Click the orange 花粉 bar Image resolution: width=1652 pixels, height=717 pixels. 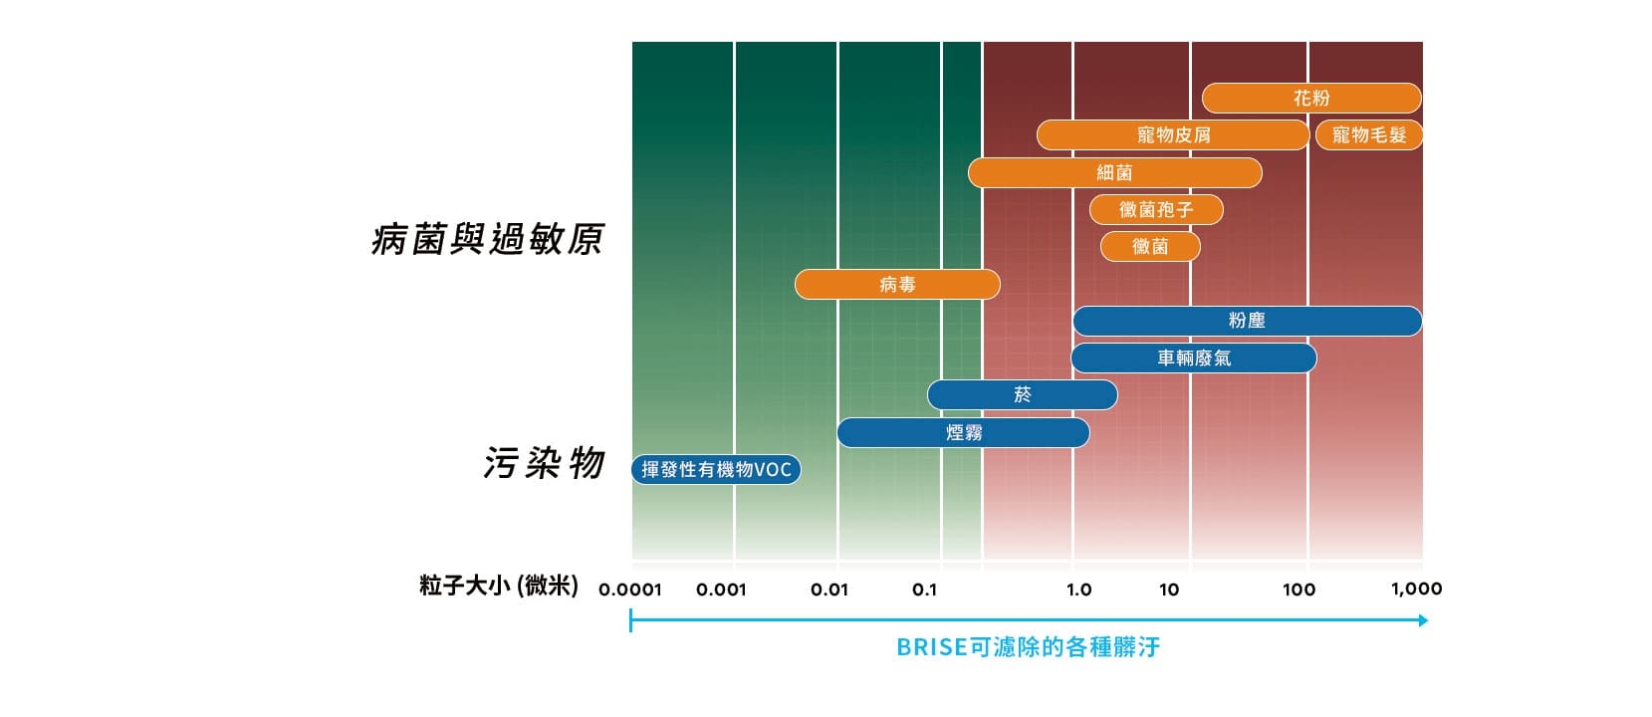coord(1310,98)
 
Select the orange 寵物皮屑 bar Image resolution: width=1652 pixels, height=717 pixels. coord(1173,134)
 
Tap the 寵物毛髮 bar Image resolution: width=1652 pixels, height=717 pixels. coord(1369,134)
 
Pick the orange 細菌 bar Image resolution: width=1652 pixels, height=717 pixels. coord(1114,172)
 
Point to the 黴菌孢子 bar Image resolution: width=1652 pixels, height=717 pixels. coord(1156,209)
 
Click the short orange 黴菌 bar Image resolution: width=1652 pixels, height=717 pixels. coord(1150,246)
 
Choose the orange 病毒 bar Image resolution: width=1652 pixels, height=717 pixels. coord(897,284)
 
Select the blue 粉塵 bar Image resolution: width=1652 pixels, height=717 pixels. coord(1247,321)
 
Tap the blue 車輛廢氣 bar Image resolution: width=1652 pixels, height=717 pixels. coord(1194,358)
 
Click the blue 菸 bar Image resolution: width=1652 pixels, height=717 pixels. coord(1023,395)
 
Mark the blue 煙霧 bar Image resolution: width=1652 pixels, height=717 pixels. coord(963,432)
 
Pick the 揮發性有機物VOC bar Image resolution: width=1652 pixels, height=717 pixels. coord(716,469)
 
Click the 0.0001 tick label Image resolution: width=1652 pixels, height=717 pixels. coord(630,590)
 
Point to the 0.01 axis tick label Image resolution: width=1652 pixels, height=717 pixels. coord(829,590)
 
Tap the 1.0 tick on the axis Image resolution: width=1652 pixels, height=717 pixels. coord(1078,590)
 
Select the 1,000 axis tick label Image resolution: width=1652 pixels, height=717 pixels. coord(1416,589)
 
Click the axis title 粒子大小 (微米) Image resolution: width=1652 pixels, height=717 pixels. coord(499,586)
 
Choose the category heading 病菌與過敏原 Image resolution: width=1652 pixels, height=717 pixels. coord(488,240)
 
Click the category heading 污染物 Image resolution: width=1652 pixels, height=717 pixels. coord(545,463)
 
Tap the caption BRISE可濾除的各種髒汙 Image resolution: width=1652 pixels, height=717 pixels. coord(1028,647)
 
